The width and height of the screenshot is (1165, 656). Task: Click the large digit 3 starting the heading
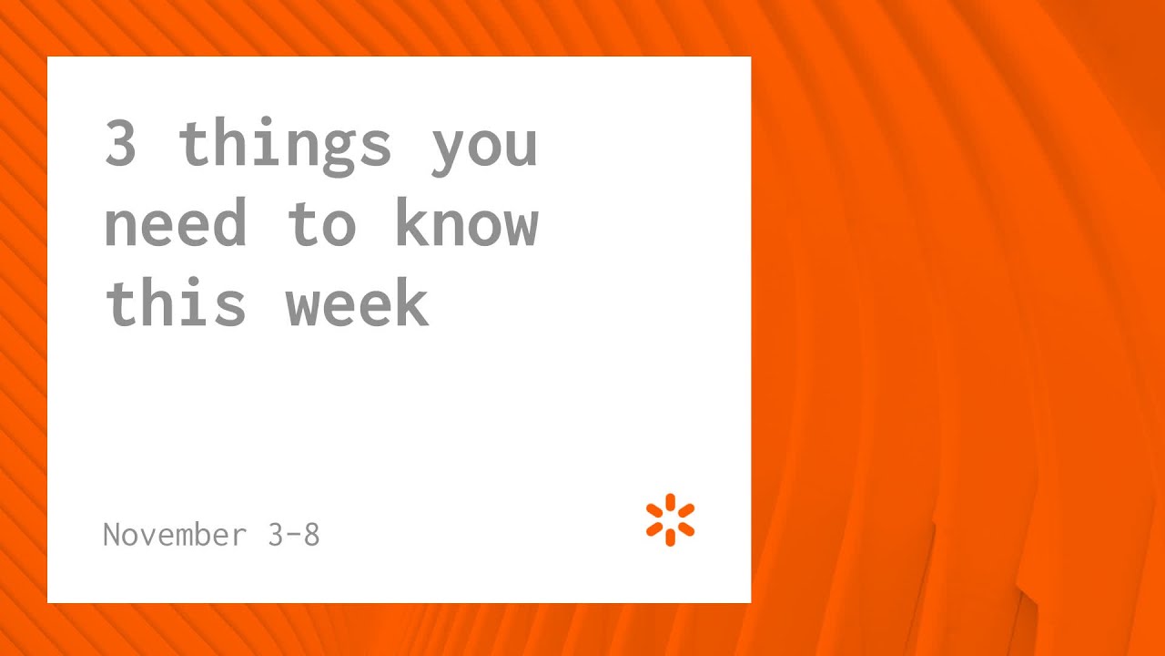click(120, 144)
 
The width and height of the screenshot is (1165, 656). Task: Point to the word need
click(175, 223)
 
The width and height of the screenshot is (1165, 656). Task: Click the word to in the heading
click(320, 223)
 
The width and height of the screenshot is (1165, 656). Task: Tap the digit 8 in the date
click(310, 534)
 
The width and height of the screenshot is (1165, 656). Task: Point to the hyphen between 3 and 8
click(293, 535)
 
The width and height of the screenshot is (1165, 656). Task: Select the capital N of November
click(112, 534)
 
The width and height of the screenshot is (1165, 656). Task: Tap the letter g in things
click(339, 150)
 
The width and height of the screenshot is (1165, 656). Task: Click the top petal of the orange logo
click(671, 501)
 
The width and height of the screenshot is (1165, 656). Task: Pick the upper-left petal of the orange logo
click(654, 510)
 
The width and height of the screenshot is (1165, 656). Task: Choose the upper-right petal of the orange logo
click(687, 510)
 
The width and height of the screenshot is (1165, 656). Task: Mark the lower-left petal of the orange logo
click(654, 529)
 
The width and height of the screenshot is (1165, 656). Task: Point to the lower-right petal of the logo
click(687, 529)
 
